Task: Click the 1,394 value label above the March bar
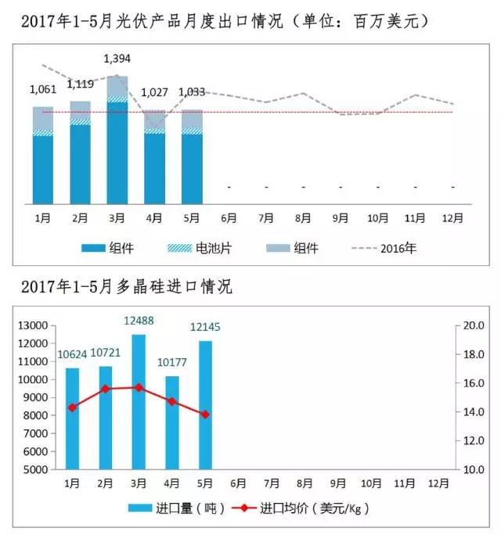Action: tap(117, 59)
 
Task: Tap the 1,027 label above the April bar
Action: tap(154, 92)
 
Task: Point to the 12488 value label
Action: tap(139, 321)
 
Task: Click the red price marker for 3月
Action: tap(139, 387)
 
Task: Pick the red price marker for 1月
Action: tap(72, 408)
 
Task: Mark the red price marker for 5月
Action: tap(206, 415)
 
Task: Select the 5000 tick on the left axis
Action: tap(35, 470)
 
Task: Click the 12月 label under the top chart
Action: tap(452, 217)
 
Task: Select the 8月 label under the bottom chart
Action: tap(306, 483)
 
